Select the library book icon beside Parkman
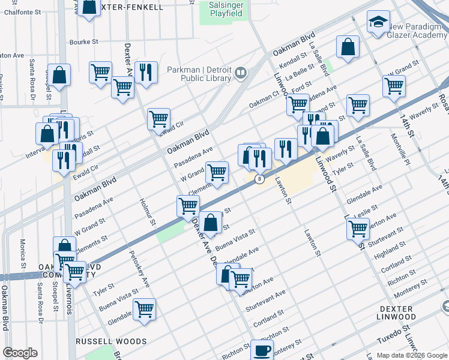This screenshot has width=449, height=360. [x=241, y=73]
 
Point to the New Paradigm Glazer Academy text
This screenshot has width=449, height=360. [x=418, y=31]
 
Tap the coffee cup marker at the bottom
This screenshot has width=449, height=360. [x=261, y=349]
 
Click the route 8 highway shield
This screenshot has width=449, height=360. [x=259, y=179]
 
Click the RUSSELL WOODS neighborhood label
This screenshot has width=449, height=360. [x=111, y=341]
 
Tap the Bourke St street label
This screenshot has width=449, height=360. [x=83, y=42]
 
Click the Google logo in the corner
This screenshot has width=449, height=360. [x=20, y=353]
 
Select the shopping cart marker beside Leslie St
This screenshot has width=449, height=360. [x=358, y=228]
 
